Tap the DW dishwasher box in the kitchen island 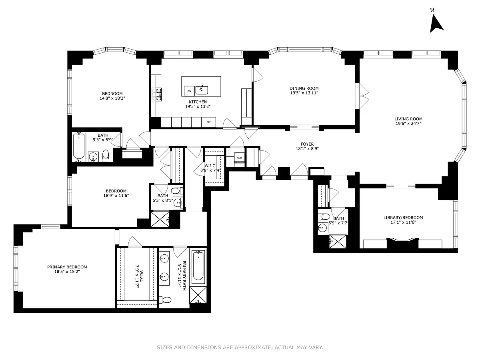[189, 91]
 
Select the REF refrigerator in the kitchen [209, 122]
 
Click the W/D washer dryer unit [239, 158]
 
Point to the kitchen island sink [202, 90]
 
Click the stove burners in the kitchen [156, 94]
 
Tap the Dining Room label [304, 88]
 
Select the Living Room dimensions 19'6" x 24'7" [408, 124]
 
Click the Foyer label [307, 144]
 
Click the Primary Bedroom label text [67, 267]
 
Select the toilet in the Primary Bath [165, 300]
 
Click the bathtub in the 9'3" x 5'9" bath [79, 146]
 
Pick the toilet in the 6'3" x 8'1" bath [177, 191]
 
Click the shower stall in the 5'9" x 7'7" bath [338, 242]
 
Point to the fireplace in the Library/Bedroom [402, 243]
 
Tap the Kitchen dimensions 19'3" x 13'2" [198, 107]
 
